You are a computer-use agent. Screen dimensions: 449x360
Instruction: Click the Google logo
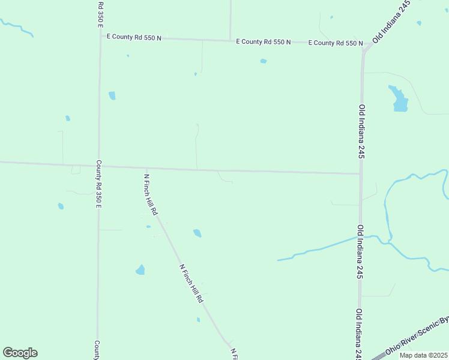coord(20,353)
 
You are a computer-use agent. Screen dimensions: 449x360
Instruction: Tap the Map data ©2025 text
coord(423,355)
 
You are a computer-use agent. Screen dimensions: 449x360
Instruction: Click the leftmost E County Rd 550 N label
coord(134,37)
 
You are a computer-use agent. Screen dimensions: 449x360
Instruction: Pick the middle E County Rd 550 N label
coord(264,42)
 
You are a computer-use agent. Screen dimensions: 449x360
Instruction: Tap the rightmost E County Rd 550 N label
coord(336,43)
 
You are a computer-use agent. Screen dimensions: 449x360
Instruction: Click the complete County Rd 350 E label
coord(99,184)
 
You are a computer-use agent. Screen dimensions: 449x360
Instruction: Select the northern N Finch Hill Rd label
coord(151,195)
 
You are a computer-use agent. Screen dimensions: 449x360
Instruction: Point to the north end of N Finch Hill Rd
coord(146,169)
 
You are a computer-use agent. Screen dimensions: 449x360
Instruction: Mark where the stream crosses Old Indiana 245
coord(361,238)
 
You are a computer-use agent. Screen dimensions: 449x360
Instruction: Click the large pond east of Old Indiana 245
coord(399,100)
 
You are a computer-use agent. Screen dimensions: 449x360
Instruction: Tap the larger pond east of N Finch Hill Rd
coord(197,233)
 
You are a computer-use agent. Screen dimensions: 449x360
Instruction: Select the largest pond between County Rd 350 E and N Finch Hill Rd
coord(140,270)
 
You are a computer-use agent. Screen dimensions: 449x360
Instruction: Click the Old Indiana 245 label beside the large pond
coord(362,131)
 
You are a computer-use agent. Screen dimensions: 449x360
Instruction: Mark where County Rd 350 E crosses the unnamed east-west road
coord(99,166)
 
